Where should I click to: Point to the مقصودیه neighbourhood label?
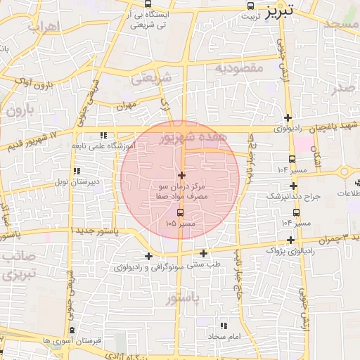[239, 68]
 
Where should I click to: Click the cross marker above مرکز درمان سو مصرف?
[181, 175]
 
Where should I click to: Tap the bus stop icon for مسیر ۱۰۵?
[181, 212]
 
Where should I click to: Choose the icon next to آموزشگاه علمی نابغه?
[104, 134]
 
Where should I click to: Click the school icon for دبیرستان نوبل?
[77, 171]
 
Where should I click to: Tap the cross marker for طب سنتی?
[204, 253]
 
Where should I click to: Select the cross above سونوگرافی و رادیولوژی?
[148, 256]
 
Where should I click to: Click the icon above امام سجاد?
[224, 326]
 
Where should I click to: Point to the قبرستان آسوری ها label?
[72, 341]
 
